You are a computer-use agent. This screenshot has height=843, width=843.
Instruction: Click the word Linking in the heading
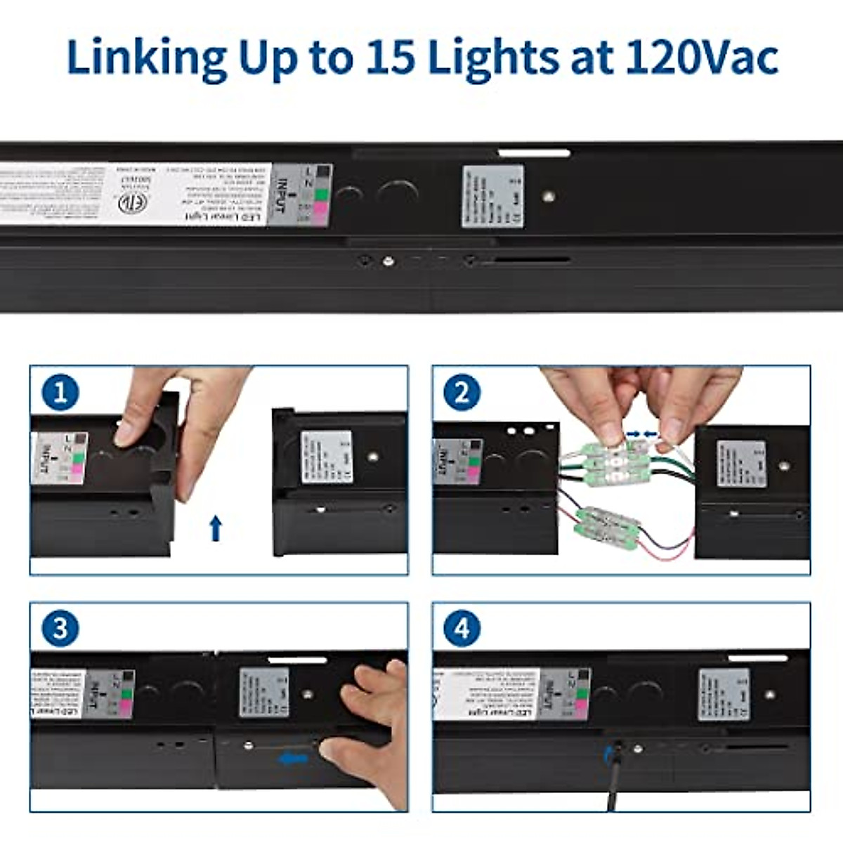coord(146,58)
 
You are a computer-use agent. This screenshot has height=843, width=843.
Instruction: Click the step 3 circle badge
coord(60,628)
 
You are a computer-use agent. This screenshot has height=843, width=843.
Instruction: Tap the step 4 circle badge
coord(462,628)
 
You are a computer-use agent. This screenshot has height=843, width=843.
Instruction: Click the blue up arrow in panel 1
coord(216,528)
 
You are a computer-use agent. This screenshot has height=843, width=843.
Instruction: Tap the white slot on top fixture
coord(534,152)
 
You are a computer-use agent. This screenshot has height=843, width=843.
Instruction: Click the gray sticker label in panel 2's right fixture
coord(741,464)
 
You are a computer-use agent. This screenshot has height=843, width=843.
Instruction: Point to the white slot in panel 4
coord(757,658)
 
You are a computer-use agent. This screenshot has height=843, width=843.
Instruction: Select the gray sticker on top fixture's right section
coord(492,197)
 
